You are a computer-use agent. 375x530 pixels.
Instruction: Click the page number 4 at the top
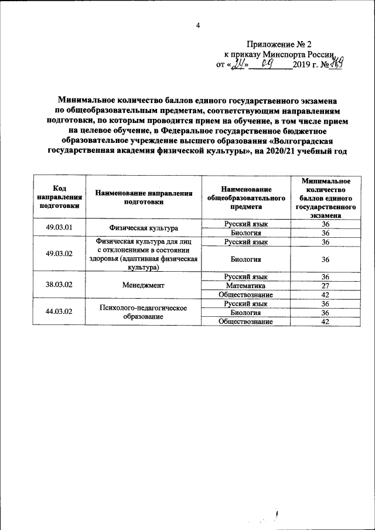198,25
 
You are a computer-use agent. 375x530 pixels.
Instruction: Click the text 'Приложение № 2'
280,44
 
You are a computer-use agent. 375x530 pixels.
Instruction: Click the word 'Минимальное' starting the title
83,101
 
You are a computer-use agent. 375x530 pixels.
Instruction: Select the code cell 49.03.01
59,227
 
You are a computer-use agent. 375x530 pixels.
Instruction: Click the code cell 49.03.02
59,253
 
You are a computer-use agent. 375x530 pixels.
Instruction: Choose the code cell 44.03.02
59,312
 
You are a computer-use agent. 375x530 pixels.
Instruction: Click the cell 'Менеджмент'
144,285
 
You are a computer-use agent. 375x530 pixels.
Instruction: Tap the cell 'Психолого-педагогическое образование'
144,312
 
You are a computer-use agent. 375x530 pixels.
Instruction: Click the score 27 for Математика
326,285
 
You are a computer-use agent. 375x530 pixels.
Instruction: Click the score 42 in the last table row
326,322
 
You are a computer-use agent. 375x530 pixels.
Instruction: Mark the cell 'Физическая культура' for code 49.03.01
144,228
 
